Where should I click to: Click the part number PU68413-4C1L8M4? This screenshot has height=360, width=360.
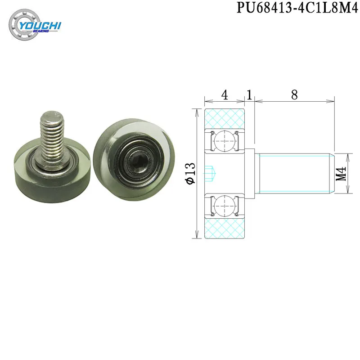[297, 8]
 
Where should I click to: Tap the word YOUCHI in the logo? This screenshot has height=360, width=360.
[40, 26]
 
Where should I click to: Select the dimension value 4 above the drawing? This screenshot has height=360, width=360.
[224, 94]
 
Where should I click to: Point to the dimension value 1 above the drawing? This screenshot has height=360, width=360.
[249, 94]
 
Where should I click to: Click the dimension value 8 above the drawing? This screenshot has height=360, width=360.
[294, 94]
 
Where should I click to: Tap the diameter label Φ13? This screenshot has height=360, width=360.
[191, 173]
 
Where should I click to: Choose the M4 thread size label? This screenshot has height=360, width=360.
[341, 174]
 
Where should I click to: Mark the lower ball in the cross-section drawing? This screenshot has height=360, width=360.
[224, 206]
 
